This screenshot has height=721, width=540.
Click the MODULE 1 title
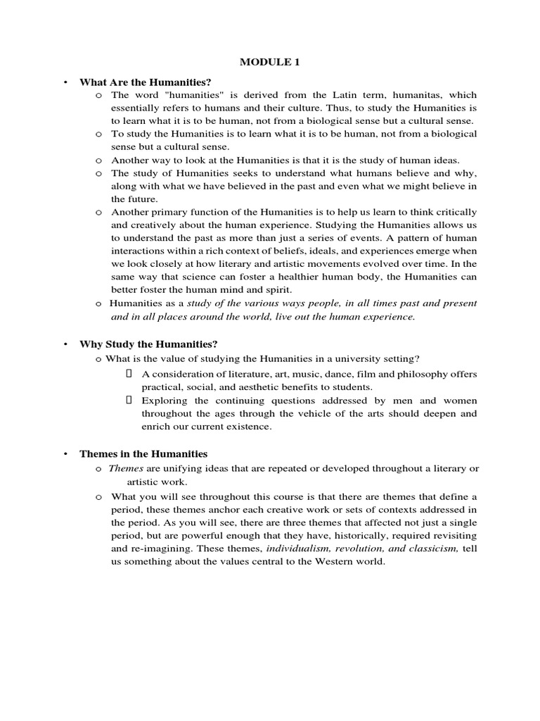pyautogui.click(x=269, y=63)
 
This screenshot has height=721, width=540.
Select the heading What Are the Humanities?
pyautogui.click(x=146, y=82)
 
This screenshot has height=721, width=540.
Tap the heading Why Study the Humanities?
pyautogui.click(x=148, y=344)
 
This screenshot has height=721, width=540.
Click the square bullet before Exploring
pyautogui.click(x=129, y=400)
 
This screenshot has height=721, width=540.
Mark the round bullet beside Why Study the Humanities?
pyautogui.click(x=65, y=344)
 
